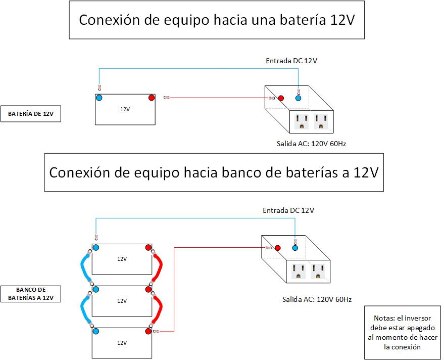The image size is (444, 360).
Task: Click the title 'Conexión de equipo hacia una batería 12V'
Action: pos(217,20)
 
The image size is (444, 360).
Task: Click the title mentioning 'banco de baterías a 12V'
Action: pos(214,172)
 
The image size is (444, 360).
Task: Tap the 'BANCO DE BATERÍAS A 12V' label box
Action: pos(30,294)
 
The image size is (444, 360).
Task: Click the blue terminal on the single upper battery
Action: pos(100,98)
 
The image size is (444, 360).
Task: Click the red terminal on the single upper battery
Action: pos(151,98)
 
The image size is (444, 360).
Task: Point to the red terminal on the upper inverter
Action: pos(281,98)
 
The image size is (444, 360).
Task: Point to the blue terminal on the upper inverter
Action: pos(298,98)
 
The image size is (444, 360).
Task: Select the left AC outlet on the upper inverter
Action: pos(302,122)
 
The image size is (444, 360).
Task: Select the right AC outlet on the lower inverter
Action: pos(318,271)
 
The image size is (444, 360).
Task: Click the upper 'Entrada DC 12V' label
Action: pos(291,61)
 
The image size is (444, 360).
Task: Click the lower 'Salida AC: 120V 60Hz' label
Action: pos(316,299)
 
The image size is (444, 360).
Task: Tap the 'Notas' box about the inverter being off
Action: pos(402,333)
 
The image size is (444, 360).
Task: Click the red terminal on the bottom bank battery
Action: pos(148,331)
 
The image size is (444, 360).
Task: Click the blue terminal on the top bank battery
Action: pos(95,248)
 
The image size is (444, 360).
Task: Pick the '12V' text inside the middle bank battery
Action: pos(122,300)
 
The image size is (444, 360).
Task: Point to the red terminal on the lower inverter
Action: pos(277,248)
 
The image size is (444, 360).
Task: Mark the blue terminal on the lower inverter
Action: pos(295,248)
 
